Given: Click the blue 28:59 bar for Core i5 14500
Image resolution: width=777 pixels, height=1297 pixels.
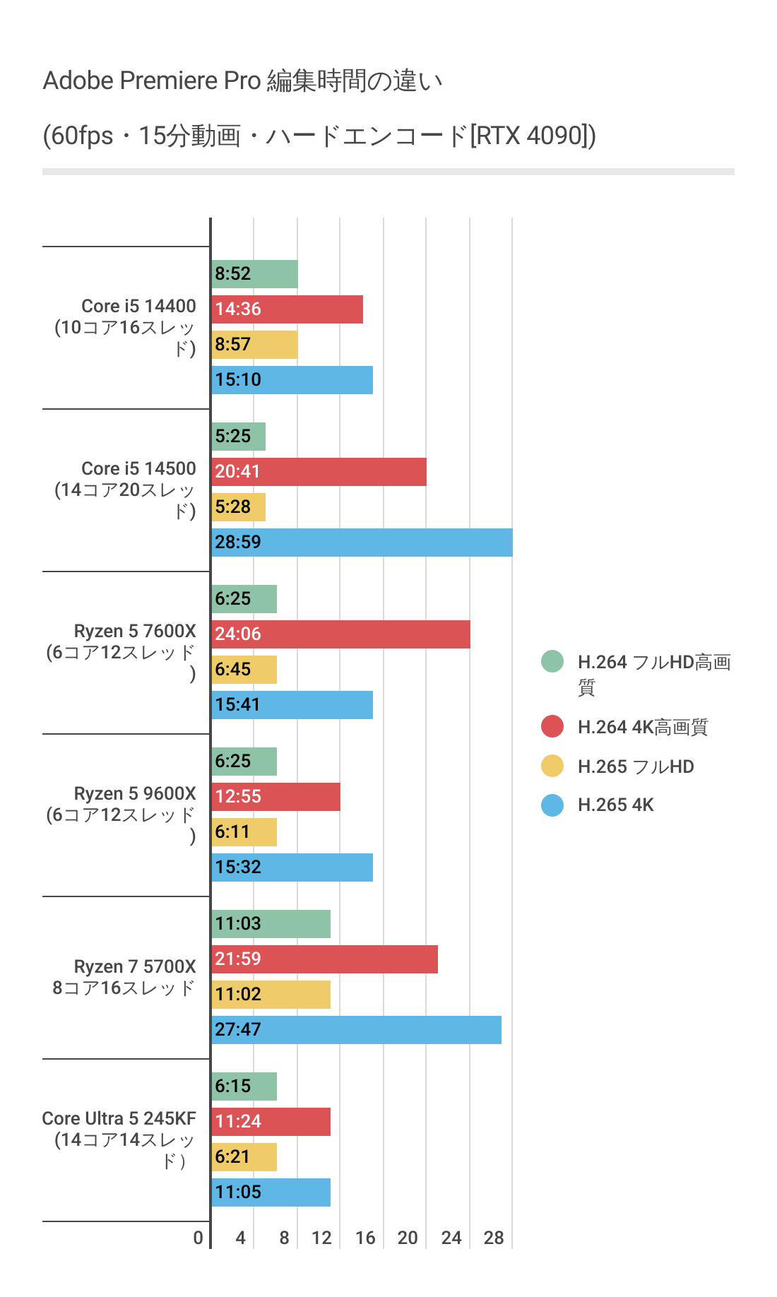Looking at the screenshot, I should [362, 543].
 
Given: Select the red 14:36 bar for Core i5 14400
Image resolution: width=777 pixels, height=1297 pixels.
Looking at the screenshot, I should [287, 309].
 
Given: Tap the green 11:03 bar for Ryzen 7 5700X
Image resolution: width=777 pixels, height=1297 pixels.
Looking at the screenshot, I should [271, 924].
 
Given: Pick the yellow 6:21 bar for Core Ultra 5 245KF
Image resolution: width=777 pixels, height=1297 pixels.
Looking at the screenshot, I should [244, 1157].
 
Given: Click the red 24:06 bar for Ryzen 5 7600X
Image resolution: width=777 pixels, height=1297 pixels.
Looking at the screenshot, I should [340, 634].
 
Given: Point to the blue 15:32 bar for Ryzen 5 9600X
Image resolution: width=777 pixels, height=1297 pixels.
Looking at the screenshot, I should [292, 867].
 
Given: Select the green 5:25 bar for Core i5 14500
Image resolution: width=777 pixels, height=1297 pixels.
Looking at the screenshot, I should [238, 437].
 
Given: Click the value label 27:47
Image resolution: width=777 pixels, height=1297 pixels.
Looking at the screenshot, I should [238, 1030].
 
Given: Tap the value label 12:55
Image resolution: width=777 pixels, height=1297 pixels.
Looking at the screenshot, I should [238, 797].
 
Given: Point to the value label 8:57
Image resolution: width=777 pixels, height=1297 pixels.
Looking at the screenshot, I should [233, 345].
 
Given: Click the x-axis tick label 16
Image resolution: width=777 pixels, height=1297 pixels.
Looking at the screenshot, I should [365, 1238].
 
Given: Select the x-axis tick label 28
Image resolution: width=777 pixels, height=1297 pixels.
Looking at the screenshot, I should [494, 1238].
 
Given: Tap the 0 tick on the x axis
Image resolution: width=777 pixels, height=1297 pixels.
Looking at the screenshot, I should [198, 1238].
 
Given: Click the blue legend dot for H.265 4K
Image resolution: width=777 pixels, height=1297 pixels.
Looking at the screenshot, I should [552, 805].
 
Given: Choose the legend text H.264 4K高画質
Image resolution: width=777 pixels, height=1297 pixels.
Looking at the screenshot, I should [642, 727].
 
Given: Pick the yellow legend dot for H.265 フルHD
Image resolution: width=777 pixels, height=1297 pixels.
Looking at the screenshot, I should [552, 766].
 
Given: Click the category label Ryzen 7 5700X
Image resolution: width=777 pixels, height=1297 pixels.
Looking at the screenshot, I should [135, 966].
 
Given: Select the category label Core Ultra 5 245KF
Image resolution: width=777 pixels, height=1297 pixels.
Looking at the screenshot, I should [119, 1118].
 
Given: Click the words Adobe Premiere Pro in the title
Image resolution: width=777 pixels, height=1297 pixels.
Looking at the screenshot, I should [152, 81].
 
